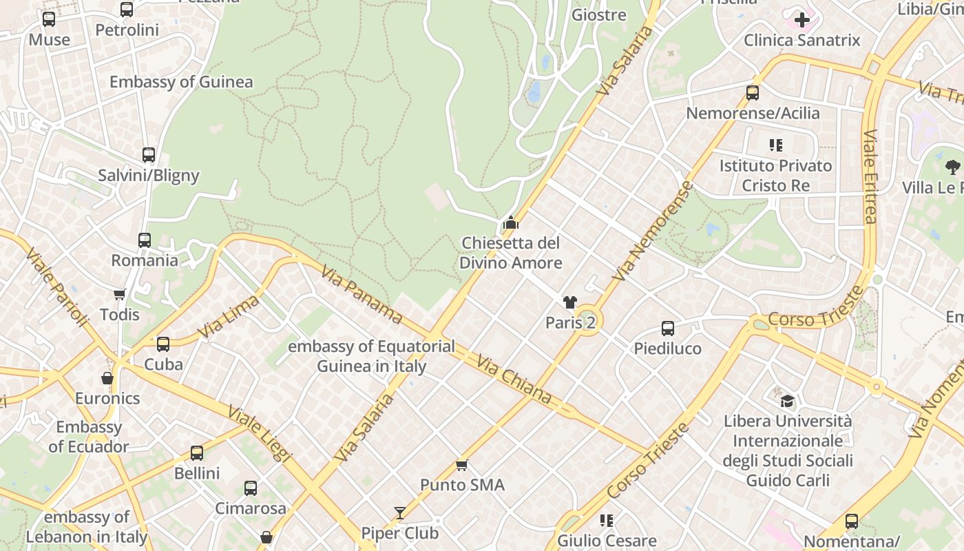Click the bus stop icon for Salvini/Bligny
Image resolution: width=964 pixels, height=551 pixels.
pyautogui.click(x=149, y=155)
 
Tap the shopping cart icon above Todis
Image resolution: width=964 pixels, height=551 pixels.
pyautogui.click(x=120, y=295)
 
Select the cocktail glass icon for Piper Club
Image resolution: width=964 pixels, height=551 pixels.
pyautogui.click(x=400, y=513)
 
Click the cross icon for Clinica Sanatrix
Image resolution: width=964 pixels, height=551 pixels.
pyautogui.click(x=801, y=20)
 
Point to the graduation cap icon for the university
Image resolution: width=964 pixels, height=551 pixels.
pyautogui.click(x=787, y=401)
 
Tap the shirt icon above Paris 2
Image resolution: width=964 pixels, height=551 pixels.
pyautogui.click(x=569, y=302)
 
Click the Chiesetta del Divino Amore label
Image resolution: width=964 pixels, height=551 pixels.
pyautogui.click(x=510, y=253)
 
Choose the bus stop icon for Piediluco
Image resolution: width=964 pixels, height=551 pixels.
pyautogui.click(x=667, y=329)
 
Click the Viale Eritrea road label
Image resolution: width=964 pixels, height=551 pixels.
pyautogui.click(x=870, y=177)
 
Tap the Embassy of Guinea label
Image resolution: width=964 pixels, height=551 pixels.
pyautogui.click(x=181, y=82)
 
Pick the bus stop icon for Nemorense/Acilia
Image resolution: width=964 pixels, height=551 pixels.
pyautogui.click(x=753, y=92)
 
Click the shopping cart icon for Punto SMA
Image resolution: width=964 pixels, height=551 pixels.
pyautogui.click(x=462, y=466)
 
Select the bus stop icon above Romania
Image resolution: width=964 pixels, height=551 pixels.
pyautogui.click(x=145, y=240)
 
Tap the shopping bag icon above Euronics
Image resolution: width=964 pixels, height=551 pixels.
pyautogui.click(x=107, y=378)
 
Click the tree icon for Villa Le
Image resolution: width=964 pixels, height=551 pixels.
pyautogui.click(x=952, y=166)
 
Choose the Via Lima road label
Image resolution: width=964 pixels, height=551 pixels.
pyautogui.click(x=228, y=316)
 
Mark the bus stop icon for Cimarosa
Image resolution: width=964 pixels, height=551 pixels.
pyautogui.click(x=251, y=488)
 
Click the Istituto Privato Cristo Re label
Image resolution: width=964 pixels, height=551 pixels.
pyautogui.click(x=775, y=176)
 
